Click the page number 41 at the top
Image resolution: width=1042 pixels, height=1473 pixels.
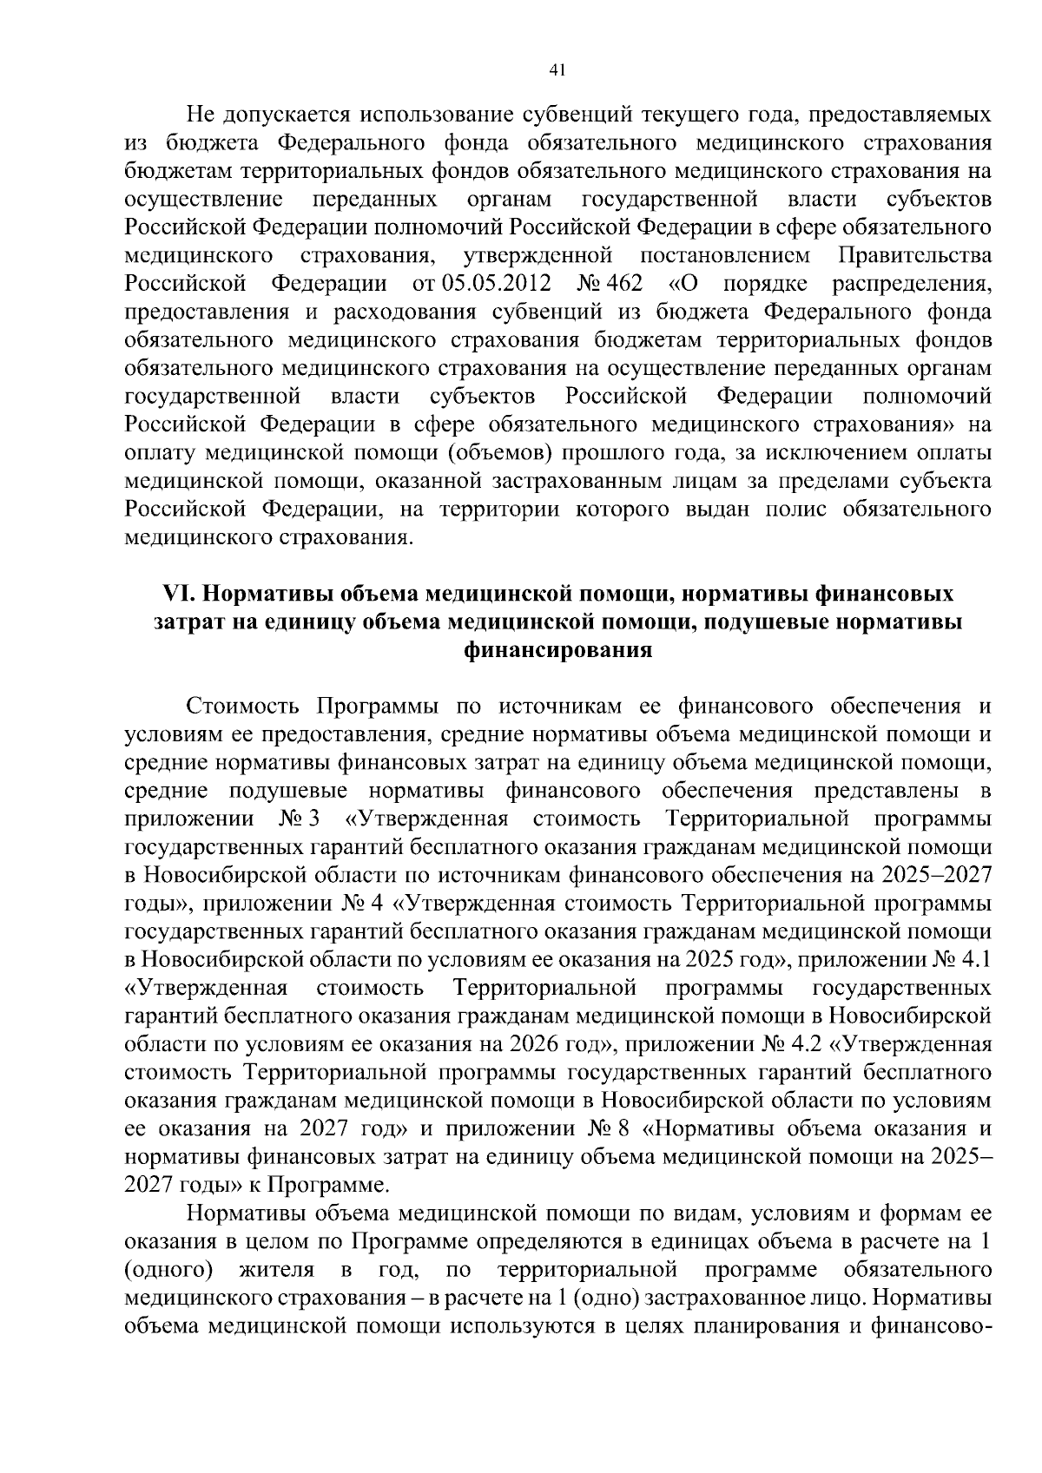click(x=558, y=71)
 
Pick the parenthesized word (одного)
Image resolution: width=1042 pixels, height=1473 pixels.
click(x=169, y=1270)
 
